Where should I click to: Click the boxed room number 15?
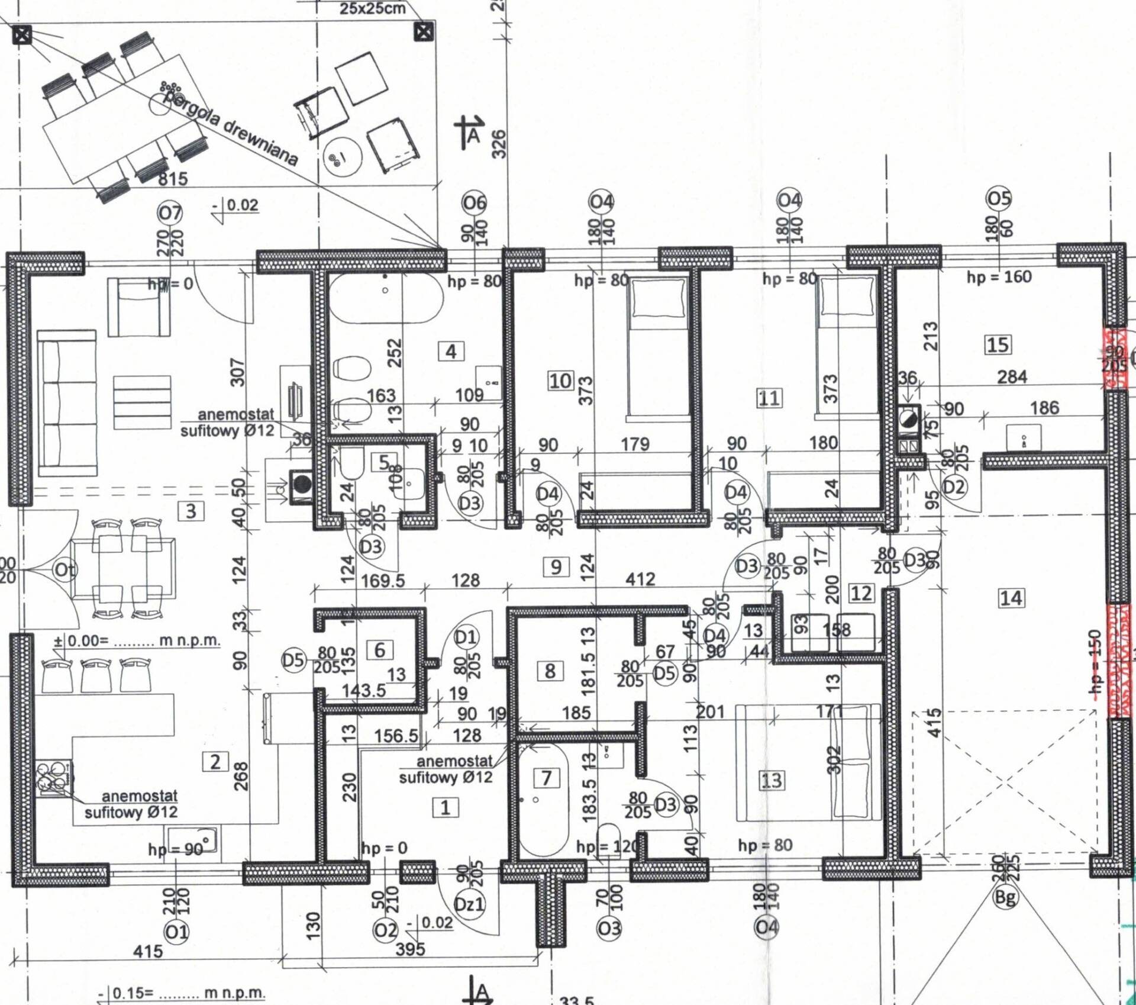(x=998, y=344)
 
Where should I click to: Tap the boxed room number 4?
(x=451, y=352)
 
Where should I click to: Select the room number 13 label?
(x=771, y=780)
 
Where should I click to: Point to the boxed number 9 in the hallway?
(x=556, y=567)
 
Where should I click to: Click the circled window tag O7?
(x=170, y=212)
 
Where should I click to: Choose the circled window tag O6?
(x=475, y=203)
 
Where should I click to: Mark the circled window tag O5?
(x=999, y=198)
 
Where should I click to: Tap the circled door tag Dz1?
(x=469, y=904)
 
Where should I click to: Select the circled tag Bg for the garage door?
(x=1005, y=897)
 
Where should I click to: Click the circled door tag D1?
(x=466, y=637)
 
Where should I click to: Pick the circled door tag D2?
(x=954, y=487)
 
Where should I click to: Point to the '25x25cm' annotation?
(x=373, y=8)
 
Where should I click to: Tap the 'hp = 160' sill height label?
(x=999, y=276)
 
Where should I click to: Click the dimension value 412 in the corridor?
(x=640, y=579)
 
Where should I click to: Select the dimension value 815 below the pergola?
(x=172, y=178)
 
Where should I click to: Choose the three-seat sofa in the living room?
(x=66, y=404)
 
